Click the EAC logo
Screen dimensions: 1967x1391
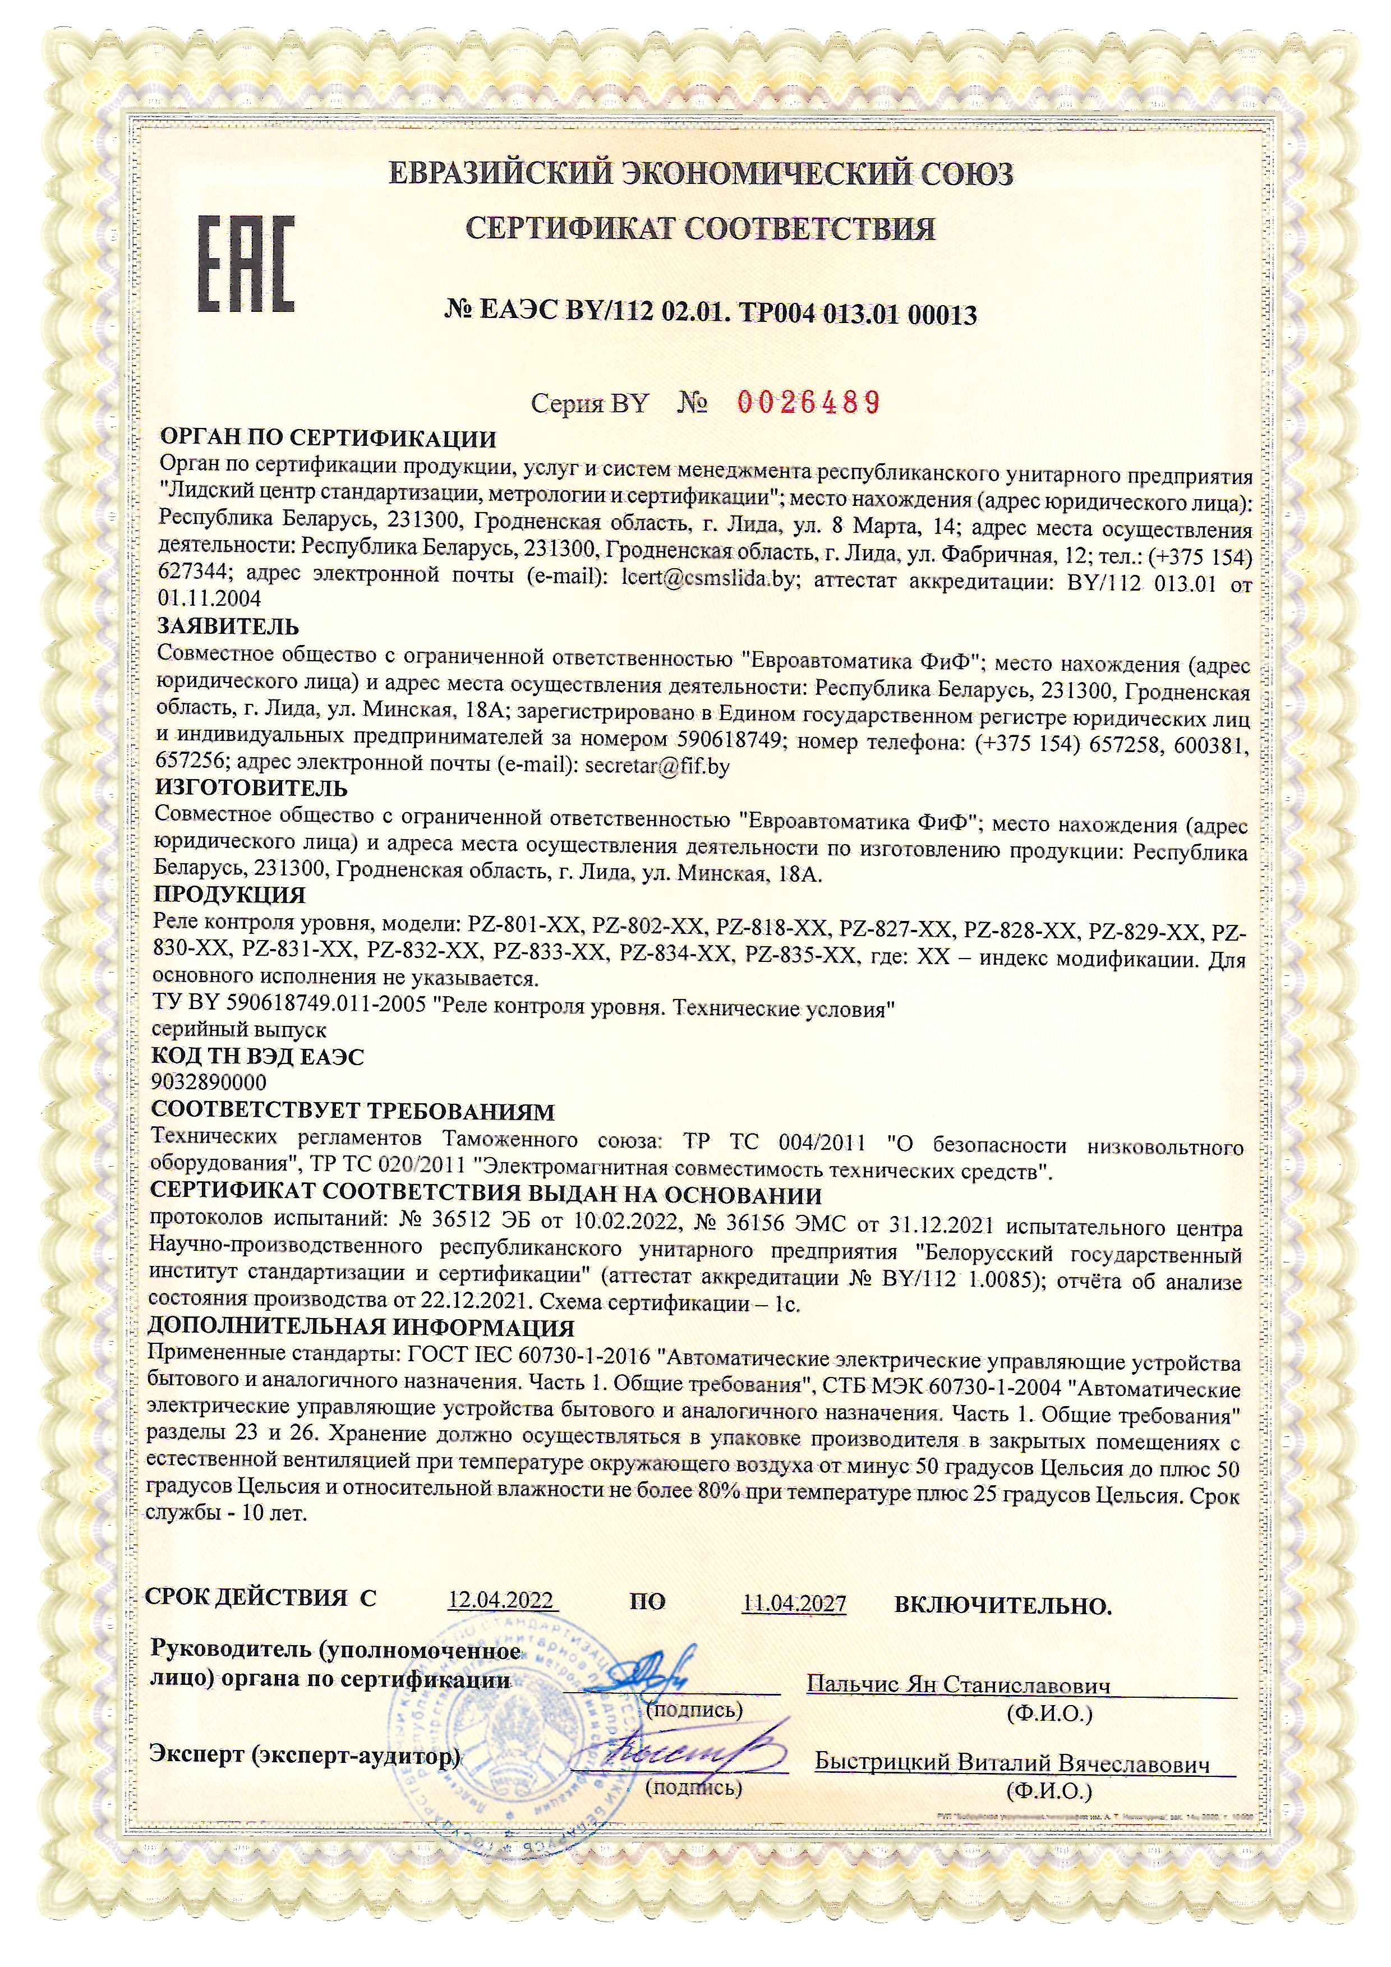[x=247, y=263]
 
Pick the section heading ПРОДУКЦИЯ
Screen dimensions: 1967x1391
[x=229, y=895]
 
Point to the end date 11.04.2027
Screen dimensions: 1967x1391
[x=794, y=1602]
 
